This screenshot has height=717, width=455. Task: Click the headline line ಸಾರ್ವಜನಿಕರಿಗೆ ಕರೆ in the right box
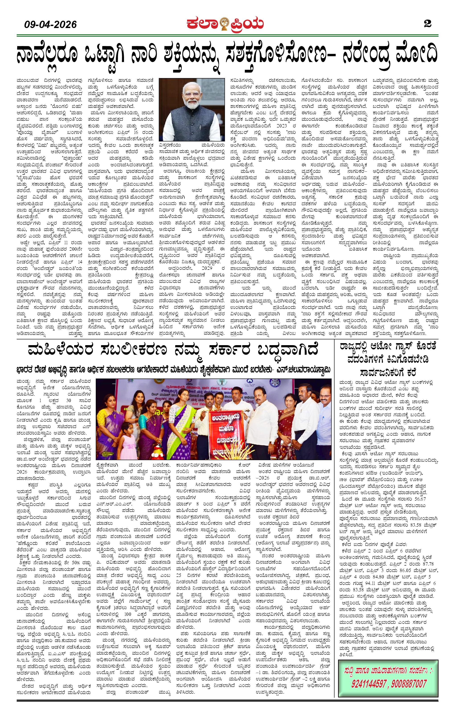coord(388,373)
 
